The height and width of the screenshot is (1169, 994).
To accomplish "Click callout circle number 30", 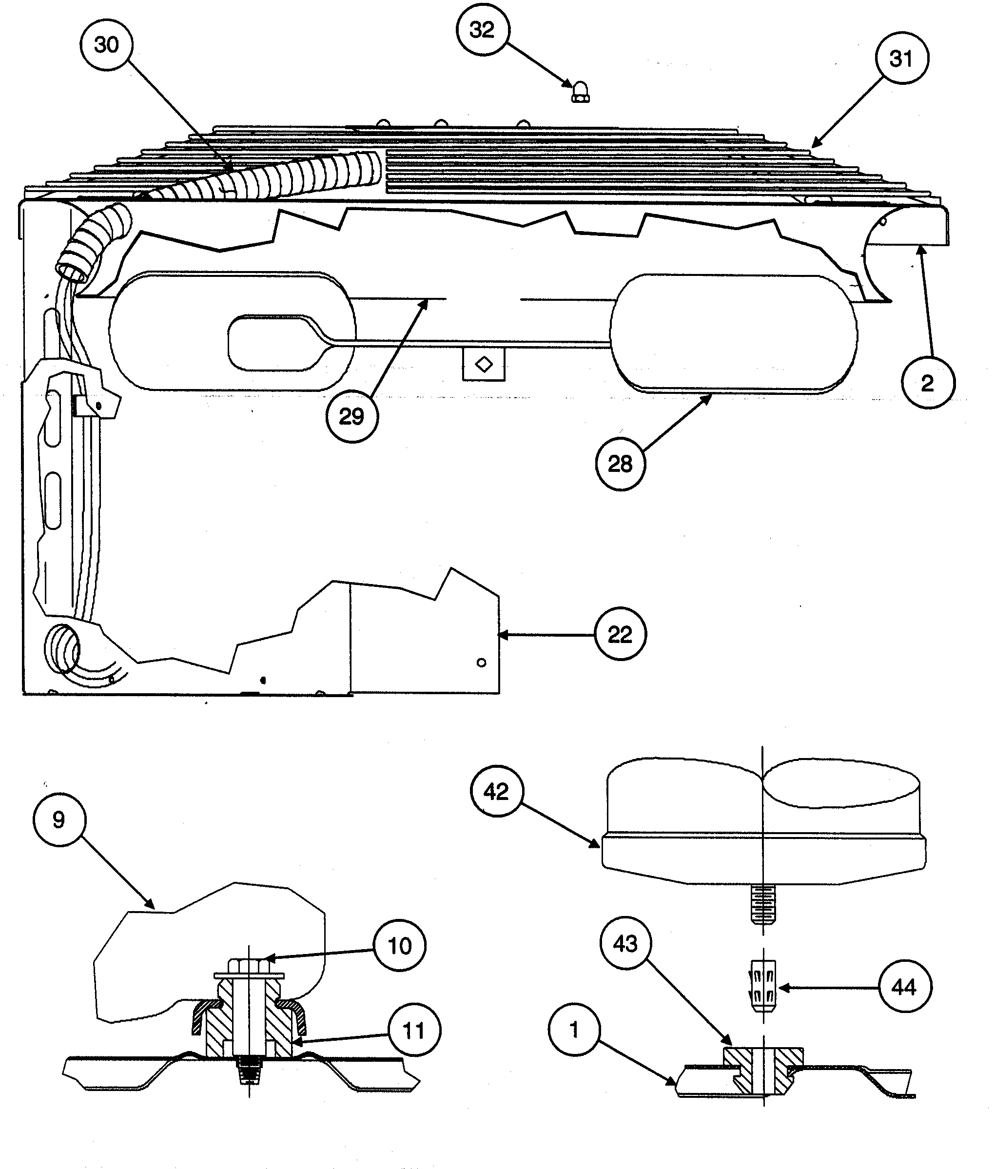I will click(106, 44).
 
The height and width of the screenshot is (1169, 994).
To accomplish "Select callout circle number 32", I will click(482, 30).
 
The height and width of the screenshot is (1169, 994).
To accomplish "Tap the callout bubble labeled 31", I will click(901, 58).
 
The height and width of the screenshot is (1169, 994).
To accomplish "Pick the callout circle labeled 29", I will click(352, 416).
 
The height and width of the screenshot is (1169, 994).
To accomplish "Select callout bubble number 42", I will click(496, 792).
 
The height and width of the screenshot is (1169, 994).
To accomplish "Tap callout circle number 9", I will click(59, 819).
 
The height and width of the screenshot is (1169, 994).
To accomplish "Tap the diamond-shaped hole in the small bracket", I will click(484, 365).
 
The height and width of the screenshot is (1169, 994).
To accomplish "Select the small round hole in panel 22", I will click(481, 662).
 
